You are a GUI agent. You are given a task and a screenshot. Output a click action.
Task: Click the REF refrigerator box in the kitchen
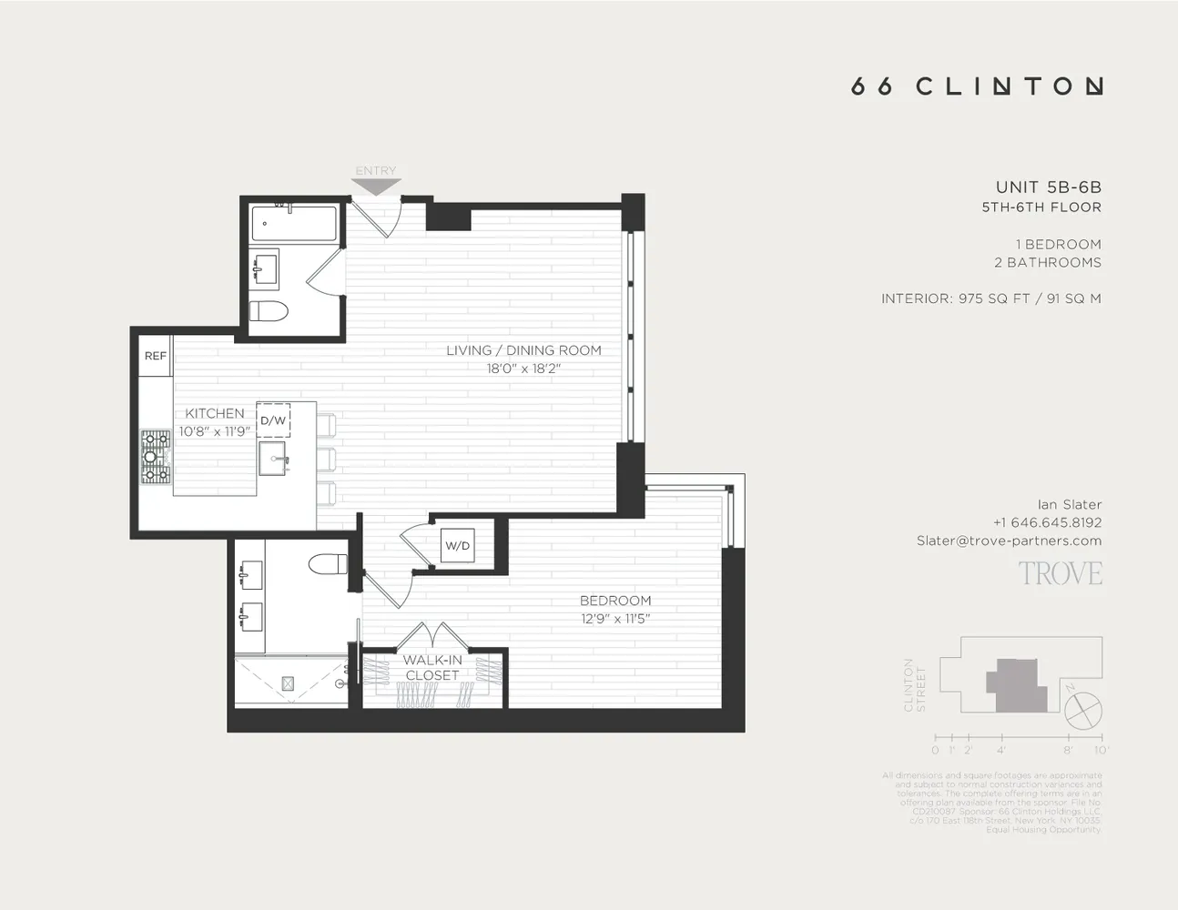click(156, 356)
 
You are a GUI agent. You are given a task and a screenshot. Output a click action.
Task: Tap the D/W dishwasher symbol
click(273, 420)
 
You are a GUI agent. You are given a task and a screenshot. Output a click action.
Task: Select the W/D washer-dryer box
click(457, 545)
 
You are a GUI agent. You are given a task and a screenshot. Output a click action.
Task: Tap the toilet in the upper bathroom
click(269, 311)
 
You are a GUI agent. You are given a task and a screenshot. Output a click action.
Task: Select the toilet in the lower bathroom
click(328, 565)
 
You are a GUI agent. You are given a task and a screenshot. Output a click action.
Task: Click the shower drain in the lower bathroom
click(289, 682)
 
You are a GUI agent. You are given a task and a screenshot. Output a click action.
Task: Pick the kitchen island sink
click(274, 459)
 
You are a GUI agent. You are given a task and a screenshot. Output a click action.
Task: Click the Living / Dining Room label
click(523, 350)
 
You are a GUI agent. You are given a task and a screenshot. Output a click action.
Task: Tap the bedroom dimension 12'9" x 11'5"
click(615, 619)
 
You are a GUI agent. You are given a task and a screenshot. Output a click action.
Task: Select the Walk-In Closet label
click(432, 667)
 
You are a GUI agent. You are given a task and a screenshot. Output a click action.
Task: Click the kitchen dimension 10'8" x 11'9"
click(214, 431)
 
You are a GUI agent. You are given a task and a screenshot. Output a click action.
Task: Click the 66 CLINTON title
click(976, 86)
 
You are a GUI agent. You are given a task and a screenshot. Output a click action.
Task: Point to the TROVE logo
click(1060, 573)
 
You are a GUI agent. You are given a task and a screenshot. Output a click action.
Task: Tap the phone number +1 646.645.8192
click(1047, 522)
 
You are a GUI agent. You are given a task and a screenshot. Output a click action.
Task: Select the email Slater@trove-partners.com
click(1009, 541)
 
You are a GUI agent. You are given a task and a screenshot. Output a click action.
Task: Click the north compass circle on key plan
click(1083, 710)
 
